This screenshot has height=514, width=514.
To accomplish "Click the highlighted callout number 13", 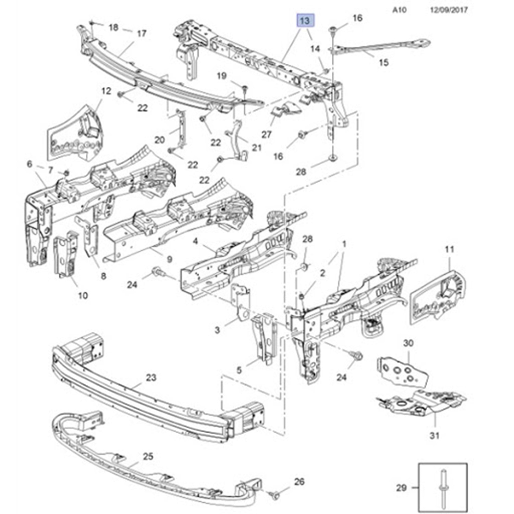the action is coord(305,21).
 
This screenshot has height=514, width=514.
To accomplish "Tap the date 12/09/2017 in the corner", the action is coord(449,10).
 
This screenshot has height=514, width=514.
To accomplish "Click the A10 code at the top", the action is coord(400,10).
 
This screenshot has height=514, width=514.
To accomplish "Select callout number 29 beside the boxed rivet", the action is coord(401,487).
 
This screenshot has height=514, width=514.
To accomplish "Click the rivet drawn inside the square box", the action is coord(444,487).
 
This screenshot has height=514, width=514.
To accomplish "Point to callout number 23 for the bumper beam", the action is coord(151,378).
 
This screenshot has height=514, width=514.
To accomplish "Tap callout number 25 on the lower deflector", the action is coord(148,456).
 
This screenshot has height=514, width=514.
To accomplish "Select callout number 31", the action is coord(435,436).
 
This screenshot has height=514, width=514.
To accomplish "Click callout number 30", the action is coord(408,343).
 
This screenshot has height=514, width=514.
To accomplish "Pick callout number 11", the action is coord(449,249).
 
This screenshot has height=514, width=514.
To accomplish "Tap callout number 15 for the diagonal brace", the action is coord(384,62).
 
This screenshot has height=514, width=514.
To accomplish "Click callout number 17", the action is coord(142,33).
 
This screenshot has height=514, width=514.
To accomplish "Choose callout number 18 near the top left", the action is coord(113,27).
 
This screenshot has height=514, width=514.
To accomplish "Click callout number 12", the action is coord(106,91).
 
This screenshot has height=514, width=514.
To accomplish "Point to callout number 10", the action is coord(83,295).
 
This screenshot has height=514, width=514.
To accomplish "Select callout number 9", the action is coord(169,259).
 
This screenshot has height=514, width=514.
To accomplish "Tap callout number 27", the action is coord(267,135).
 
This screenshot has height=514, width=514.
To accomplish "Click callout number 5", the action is coord(239,370).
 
